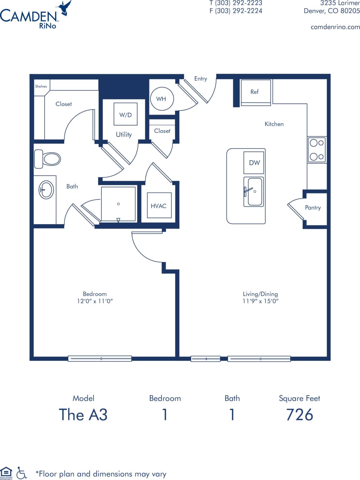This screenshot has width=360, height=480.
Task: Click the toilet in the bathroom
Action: pyautogui.click(x=48, y=159)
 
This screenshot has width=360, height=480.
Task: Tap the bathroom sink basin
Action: pyautogui.click(x=46, y=189)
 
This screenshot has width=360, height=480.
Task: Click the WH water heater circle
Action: pyautogui.click(x=162, y=99)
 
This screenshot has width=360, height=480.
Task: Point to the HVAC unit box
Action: pyautogui.click(x=159, y=205)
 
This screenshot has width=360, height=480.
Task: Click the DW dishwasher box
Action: pyautogui.click(x=254, y=163)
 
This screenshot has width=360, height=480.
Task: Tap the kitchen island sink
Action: pyautogui.click(x=254, y=192)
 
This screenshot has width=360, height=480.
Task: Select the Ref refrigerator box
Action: pyautogui.click(x=255, y=92)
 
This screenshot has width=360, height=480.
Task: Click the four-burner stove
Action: pyautogui.click(x=317, y=150)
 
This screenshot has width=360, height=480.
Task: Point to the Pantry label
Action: pyautogui.click(x=313, y=207)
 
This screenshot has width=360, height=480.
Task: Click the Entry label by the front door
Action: pyautogui.click(x=200, y=78)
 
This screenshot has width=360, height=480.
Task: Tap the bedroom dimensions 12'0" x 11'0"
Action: pyautogui.click(x=95, y=301)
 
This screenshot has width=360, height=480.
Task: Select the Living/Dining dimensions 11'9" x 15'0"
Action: pyautogui.click(x=260, y=301)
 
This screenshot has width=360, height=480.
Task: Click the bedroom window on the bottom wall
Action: pyautogui.click(x=100, y=358)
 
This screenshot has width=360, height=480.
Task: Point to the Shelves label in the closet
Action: pyautogui.click(x=41, y=86)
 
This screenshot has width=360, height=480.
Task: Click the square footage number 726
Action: pyautogui.click(x=299, y=415)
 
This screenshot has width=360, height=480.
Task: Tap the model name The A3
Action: pyautogui.click(x=83, y=415)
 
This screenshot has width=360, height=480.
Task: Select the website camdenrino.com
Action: pyautogui.click(x=335, y=27)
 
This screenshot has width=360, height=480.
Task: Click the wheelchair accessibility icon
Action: pyautogui.click(x=22, y=473)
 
